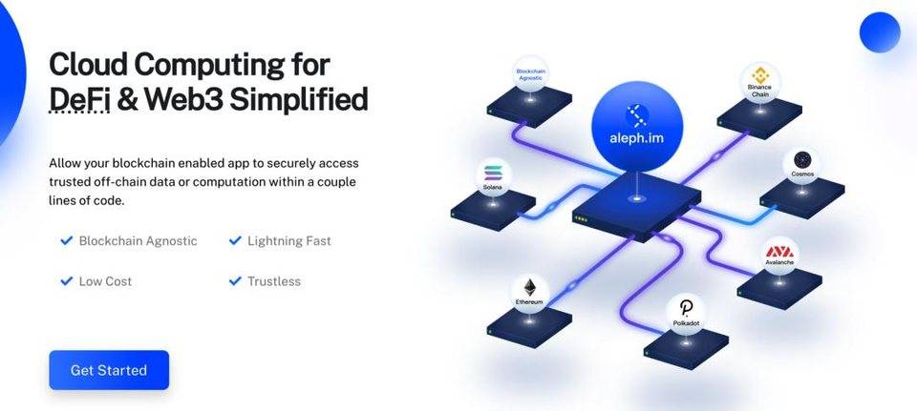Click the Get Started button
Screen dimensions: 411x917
[109, 370]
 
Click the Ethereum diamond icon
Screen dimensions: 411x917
[529, 287]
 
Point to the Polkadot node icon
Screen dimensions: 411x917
[687, 312]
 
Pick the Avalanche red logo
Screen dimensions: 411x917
[780, 254]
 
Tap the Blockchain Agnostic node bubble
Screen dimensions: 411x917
[531, 75]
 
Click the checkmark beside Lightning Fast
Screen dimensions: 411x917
[235, 241]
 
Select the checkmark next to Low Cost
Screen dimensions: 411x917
[67, 281]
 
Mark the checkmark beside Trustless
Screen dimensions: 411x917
[235, 281]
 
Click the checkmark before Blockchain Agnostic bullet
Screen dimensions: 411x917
[67, 241]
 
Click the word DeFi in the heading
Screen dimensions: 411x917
[80, 100]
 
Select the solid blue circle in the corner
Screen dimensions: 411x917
[880, 33]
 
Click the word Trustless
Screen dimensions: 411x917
[274, 281]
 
